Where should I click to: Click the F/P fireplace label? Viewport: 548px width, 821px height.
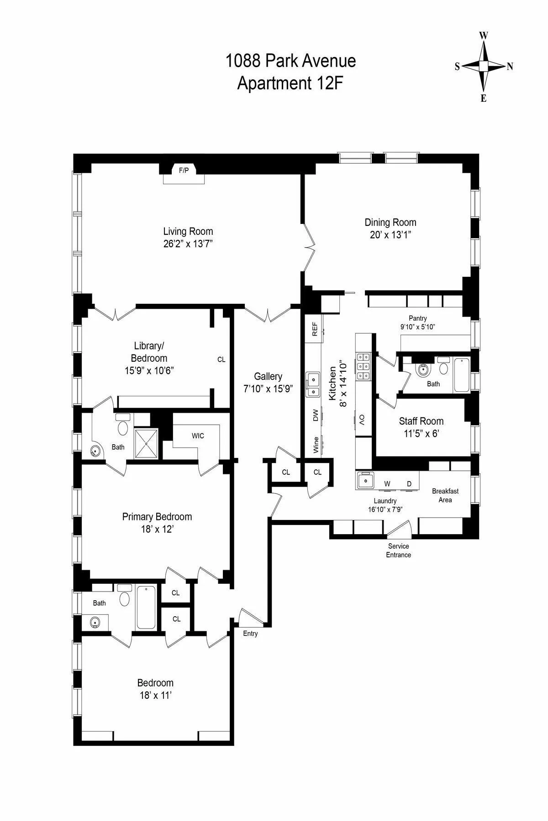tap(184, 171)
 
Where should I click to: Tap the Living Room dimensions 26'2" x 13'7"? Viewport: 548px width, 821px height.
tap(188, 244)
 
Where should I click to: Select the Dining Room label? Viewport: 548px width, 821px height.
tap(390, 223)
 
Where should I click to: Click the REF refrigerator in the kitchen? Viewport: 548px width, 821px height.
tap(315, 329)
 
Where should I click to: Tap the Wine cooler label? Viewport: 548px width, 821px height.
tap(316, 445)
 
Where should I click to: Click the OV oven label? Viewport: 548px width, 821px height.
tap(361, 419)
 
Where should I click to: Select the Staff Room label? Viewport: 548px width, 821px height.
tap(421, 421)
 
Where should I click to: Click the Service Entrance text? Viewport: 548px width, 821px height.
tap(398, 551)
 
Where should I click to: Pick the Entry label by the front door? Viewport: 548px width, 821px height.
tap(250, 634)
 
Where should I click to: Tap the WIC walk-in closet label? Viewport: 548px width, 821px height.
tap(198, 436)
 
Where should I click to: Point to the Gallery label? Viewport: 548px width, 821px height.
tap(268, 376)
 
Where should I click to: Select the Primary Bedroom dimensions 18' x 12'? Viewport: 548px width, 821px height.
tap(157, 530)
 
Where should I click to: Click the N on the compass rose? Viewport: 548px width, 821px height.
tap(510, 67)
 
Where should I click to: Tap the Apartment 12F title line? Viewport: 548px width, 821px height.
tap(290, 83)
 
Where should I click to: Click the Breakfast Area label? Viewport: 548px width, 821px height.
tap(445, 495)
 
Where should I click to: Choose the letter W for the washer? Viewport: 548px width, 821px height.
tap(387, 483)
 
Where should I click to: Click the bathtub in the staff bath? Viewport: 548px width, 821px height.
tap(462, 375)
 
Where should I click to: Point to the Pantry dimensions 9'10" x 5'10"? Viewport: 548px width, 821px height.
tap(418, 327)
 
